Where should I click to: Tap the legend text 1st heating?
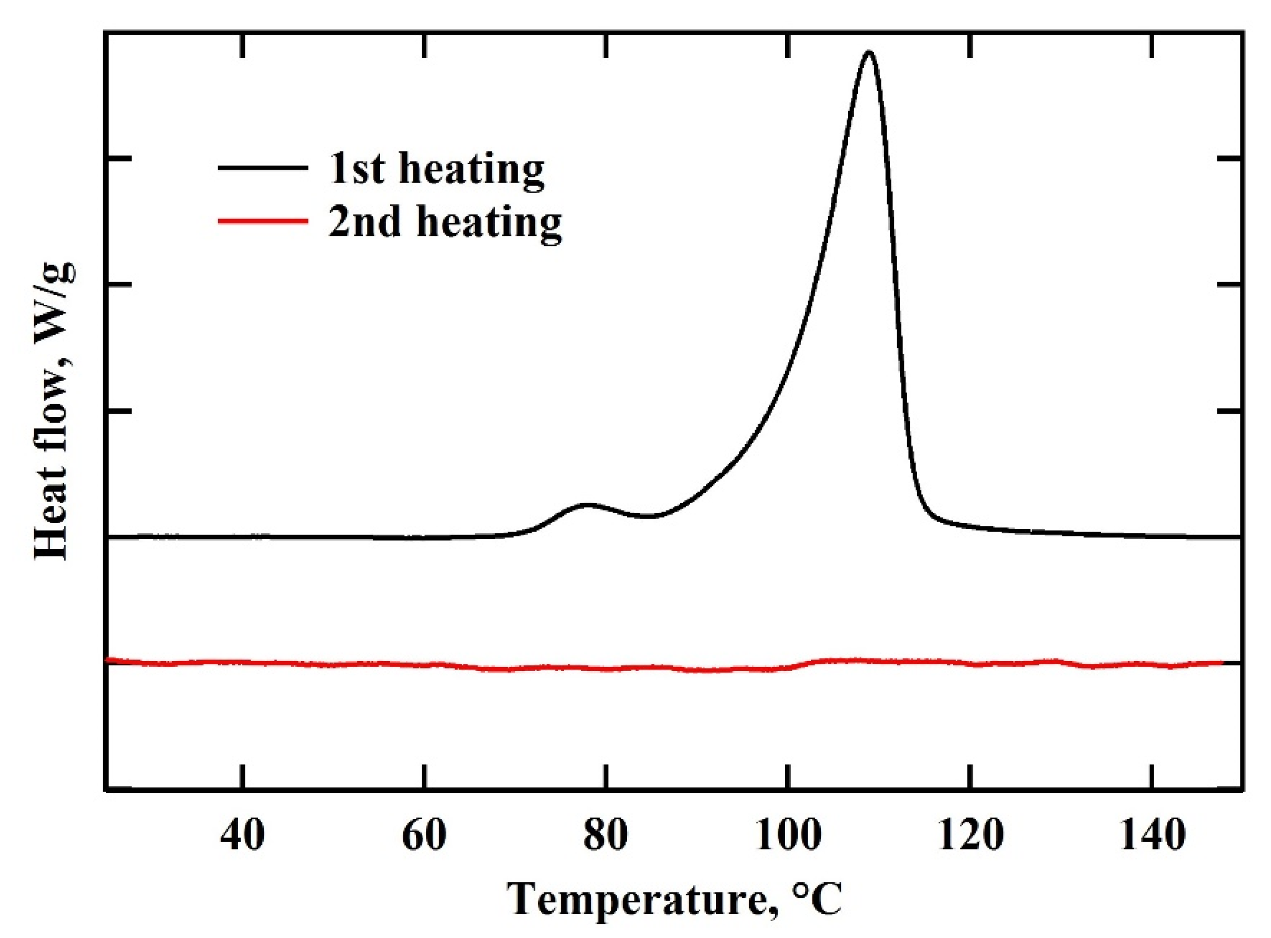(436, 169)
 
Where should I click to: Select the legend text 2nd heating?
(445, 222)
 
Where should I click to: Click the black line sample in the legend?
(263, 167)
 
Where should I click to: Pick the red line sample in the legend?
(263, 221)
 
